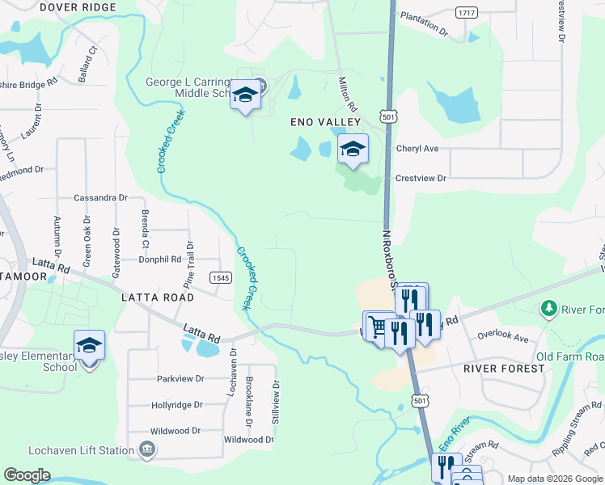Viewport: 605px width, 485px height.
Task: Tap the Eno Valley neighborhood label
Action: click(325, 121)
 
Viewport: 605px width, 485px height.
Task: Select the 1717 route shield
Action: click(465, 12)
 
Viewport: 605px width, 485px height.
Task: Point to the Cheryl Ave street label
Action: click(417, 149)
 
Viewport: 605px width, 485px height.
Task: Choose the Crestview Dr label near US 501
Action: click(421, 178)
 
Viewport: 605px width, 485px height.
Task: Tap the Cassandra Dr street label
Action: click(100, 197)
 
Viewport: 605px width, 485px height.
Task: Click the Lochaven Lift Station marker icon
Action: click(147, 449)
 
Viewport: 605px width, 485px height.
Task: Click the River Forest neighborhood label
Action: click(505, 368)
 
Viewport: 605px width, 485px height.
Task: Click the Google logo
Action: click(27, 475)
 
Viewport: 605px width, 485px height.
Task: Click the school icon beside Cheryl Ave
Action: click(352, 149)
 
